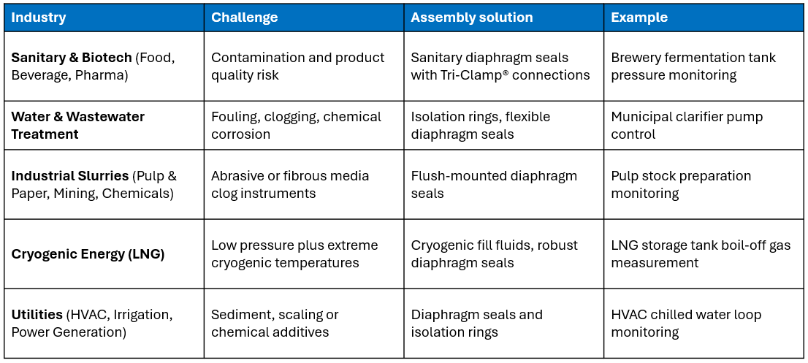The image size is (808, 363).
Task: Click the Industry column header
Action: [38, 18]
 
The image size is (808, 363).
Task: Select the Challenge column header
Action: [244, 18]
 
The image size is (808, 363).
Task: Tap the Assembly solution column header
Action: [471, 18]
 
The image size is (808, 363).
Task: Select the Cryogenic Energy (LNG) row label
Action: [88, 254]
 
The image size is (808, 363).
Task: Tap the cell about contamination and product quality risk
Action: [297, 66]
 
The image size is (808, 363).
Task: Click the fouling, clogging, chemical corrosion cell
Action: [296, 126]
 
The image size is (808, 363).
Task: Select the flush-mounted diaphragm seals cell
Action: [494, 185]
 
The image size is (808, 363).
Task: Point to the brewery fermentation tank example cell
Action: [693, 66]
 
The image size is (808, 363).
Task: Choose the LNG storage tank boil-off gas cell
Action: [701, 254]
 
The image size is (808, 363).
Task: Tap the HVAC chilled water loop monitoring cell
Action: [686, 324]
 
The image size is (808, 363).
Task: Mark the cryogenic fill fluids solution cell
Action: [494, 254]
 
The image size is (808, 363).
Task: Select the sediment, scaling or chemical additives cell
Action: [275, 324]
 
